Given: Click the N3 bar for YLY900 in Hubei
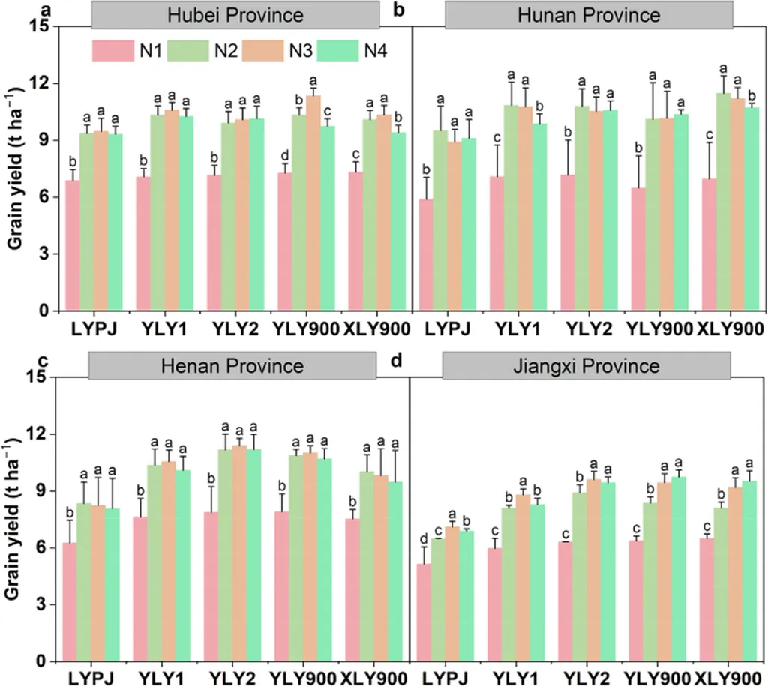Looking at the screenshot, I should tap(313, 202).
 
